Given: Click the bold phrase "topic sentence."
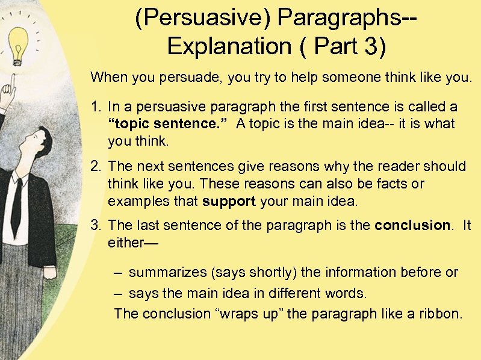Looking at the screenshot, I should coord(168,124).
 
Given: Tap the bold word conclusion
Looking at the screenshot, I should coord(412,225).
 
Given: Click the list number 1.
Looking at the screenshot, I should coord(95,107).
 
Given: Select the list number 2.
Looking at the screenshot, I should coord(95,166).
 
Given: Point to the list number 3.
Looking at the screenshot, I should coord(95,225).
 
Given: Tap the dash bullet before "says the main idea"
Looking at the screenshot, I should coord(119,294).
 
